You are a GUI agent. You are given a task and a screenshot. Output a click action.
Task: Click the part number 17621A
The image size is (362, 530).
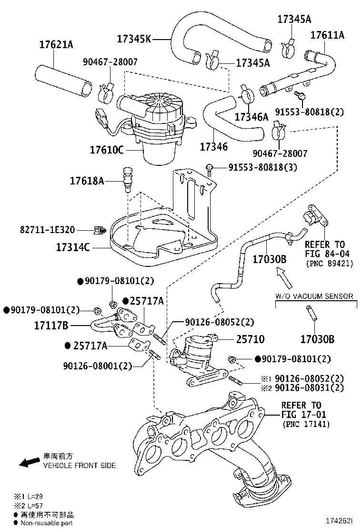[56, 45]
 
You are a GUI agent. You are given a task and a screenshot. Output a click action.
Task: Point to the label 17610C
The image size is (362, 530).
[107, 150]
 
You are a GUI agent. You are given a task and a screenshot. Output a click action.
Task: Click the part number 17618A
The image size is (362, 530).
[87, 181]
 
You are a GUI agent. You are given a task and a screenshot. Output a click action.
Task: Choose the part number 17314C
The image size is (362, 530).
[73, 248]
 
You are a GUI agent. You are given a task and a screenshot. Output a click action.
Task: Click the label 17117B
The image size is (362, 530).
[51, 326]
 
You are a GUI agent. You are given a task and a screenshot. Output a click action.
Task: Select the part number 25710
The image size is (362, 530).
[250, 339]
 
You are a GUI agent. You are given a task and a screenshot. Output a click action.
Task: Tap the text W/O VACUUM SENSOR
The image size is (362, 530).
[314, 296]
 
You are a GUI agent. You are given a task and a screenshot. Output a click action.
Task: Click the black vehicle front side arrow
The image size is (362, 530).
[29, 461]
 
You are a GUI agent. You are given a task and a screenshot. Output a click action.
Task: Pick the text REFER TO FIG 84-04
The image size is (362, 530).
[329, 249]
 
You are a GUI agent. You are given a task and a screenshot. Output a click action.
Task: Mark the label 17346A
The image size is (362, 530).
[251, 116]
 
